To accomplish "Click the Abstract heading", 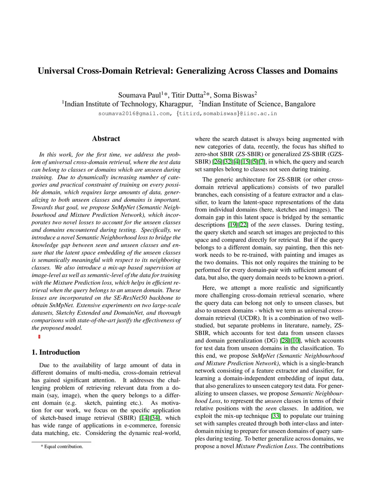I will [106, 139].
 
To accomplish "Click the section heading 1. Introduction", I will [56, 352].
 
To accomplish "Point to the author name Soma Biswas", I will [234, 95].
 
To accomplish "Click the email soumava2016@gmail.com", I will [134, 113].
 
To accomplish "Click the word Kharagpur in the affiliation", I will [176, 104].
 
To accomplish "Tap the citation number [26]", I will [218, 162].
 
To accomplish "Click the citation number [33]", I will [276, 416].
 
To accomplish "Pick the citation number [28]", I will [285, 340].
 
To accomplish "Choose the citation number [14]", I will [144, 418].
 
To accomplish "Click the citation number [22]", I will [244, 225].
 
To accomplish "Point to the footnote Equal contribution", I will [63, 446].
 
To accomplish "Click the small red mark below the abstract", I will [39, 337].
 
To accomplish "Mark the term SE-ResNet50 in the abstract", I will [130, 298].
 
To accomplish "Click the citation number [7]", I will [262, 162].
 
